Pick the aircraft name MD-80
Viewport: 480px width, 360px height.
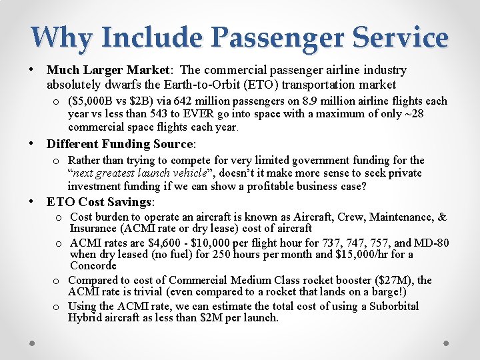click(x=431, y=242)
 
